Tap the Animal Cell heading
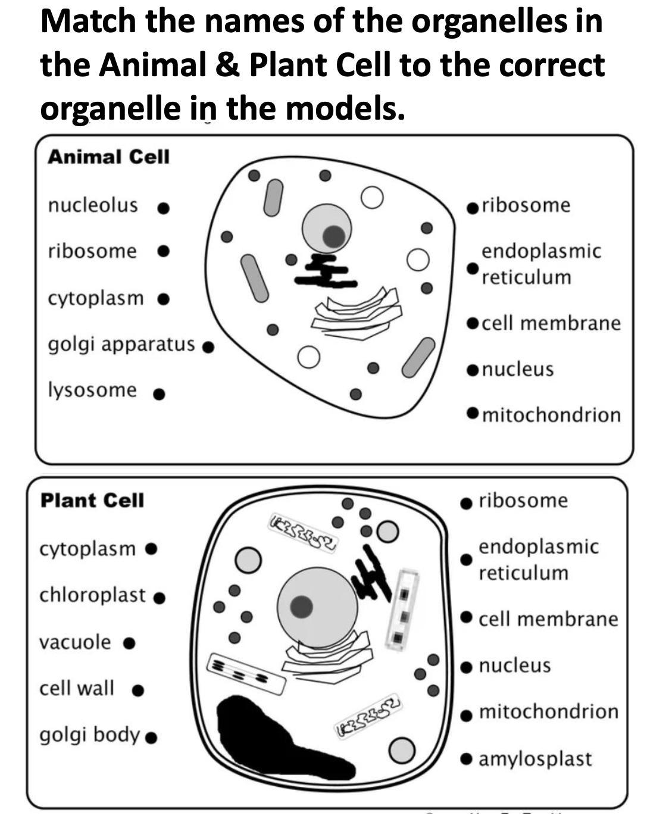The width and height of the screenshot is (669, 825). pos(108,157)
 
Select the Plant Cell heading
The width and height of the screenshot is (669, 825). pos(92,501)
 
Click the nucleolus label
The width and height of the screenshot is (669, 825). pos(93,205)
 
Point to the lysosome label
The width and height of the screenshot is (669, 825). pos(92,390)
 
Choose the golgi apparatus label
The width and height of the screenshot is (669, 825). pos(121,344)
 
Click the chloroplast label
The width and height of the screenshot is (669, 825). pos(92,595)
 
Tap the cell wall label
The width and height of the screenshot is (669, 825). pos(77,689)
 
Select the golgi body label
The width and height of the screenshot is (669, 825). pos(89,735)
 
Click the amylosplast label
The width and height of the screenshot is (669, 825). pos(535,759)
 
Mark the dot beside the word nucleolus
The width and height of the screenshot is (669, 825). pos(164,208)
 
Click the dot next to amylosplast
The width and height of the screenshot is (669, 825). pos(467,759)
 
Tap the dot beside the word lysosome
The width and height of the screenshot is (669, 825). pos(159,394)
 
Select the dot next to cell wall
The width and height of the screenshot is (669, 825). pos(138,690)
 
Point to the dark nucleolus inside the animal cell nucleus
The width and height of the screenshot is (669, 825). pos(333,236)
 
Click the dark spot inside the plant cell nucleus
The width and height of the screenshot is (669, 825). pos(302,606)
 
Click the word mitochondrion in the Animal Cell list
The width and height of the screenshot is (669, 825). pos(551,415)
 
